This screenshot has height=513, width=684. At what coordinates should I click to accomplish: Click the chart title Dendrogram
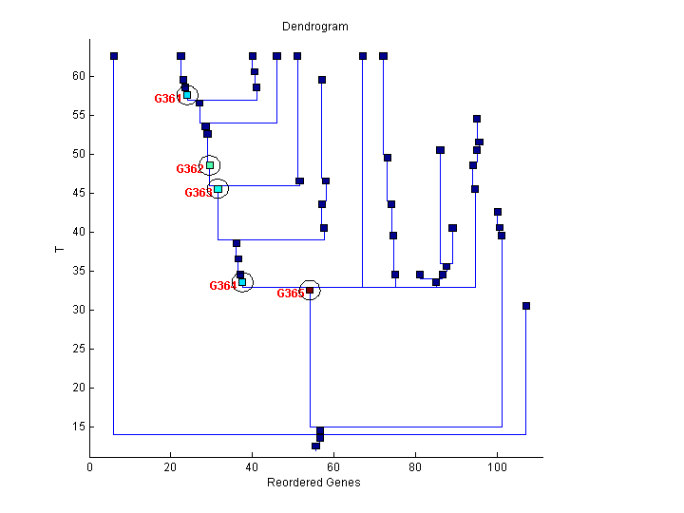pyautogui.click(x=315, y=27)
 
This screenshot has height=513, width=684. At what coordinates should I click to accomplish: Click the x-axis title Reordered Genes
pyautogui.click(x=315, y=482)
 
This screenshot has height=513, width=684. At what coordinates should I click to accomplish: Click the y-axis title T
pyautogui.click(x=59, y=250)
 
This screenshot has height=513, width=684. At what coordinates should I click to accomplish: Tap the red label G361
pyautogui.click(x=167, y=99)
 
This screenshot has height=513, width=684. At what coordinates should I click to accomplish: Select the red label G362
pyautogui.click(x=189, y=169)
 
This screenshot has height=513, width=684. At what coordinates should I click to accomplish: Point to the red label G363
pyautogui.click(x=198, y=193)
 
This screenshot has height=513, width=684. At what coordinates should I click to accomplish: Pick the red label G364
pyautogui.click(x=222, y=286)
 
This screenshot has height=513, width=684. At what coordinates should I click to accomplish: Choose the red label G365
pyautogui.click(x=290, y=294)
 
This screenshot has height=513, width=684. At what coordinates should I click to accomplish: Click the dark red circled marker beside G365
pyautogui.click(x=310, y=290)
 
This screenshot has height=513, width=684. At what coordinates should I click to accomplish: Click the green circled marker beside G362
pyautogui.click(x=210, y=165)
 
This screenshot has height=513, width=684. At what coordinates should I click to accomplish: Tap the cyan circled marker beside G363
pyautogui.click(x=218, y=189)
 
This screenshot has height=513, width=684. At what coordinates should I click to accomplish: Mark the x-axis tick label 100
pyautogui.click(x=496, y=466)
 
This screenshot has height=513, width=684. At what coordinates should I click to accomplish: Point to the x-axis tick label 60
pyautogui.click(x=333, y=466)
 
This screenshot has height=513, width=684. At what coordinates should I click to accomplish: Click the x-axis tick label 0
pyautogui.click(x=90, y=466)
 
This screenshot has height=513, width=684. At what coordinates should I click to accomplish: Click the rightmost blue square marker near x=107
pyautogui.click(x=526, y=306)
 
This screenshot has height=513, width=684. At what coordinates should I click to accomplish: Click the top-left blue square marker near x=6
pyautogui.click(x=114, y=56)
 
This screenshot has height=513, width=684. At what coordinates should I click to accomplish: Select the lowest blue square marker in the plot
pyautogui.click(x=315, y=446)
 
